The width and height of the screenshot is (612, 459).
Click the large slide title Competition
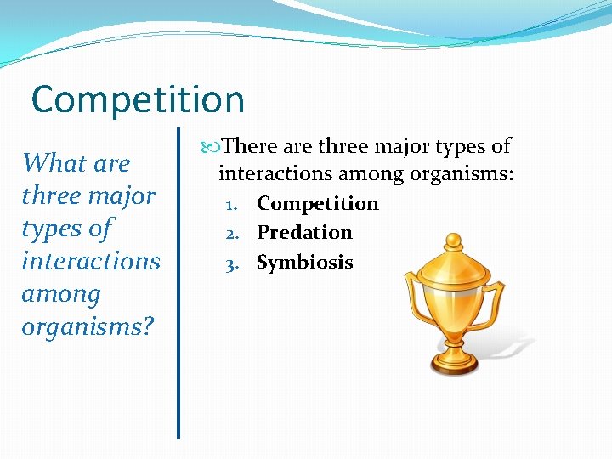[138, 99]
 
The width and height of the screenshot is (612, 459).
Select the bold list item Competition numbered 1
[318, 204]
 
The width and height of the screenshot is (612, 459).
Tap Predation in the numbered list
[304, 233]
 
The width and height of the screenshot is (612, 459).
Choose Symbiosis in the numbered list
[304, 263]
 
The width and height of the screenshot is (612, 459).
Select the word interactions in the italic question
[91, 261]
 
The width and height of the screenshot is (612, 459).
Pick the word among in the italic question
[61, 294]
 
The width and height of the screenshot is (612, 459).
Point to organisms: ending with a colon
[461, 174]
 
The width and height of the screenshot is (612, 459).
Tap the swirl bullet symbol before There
[211, 147]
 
